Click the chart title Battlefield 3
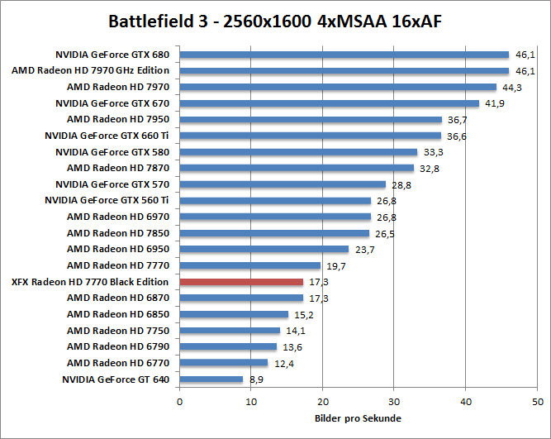tap(276, 20)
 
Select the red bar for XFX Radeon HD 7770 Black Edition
tap(241, 282)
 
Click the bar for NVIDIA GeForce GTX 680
tap(344, 55)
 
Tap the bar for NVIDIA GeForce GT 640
tap(211, 379)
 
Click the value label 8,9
tap(256, 379)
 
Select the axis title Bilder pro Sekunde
tap(358, 418)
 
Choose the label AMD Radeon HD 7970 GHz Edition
tap(90, 70)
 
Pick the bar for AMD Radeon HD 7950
tap(311, 120)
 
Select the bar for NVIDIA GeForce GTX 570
tap(283, 184)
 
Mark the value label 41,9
tap(493, 104)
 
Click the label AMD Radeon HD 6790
tap(117, 347)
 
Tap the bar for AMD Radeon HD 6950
tap(264, 249)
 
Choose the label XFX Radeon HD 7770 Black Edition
tap(90, 282)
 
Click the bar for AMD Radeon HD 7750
tap(230, 331)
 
